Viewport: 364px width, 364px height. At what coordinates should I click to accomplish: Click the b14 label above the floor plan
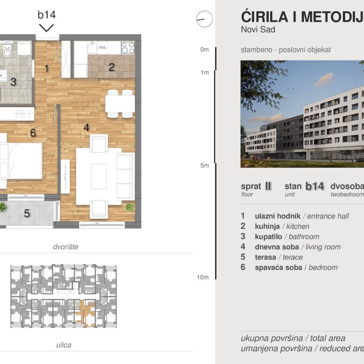click(47, 15)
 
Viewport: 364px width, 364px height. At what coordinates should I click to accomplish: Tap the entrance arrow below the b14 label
click(47, 28)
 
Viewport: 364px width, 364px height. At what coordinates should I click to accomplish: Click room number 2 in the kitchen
click(112, 67)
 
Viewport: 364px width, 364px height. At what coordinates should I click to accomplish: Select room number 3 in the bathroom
click(14, 82)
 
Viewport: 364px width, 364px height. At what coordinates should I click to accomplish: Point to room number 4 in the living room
click(86, 127)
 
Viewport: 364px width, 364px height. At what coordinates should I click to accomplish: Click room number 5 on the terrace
click(27, 214)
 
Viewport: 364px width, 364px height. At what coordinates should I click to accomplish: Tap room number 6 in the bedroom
click(33, 133)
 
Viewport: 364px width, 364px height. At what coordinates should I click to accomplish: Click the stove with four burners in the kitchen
click(128, 48)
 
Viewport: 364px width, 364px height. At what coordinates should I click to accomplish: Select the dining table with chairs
click(120, 104)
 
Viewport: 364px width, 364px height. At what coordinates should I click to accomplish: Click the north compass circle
click(204, 19)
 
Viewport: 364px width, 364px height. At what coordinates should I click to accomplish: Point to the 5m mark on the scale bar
click(204, 165)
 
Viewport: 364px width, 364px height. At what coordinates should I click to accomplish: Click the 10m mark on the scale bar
click(203, 277)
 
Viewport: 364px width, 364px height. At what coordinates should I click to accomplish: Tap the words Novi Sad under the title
click(258, 30)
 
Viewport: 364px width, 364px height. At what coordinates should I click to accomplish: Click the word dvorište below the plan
click(64, 247)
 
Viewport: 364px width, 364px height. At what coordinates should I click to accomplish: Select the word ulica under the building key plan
click(64, 345)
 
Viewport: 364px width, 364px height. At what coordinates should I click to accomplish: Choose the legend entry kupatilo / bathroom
click(287, 237)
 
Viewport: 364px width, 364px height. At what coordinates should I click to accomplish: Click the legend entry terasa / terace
click(278, 257)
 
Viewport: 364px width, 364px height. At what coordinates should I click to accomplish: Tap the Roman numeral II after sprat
click(268, 186)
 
